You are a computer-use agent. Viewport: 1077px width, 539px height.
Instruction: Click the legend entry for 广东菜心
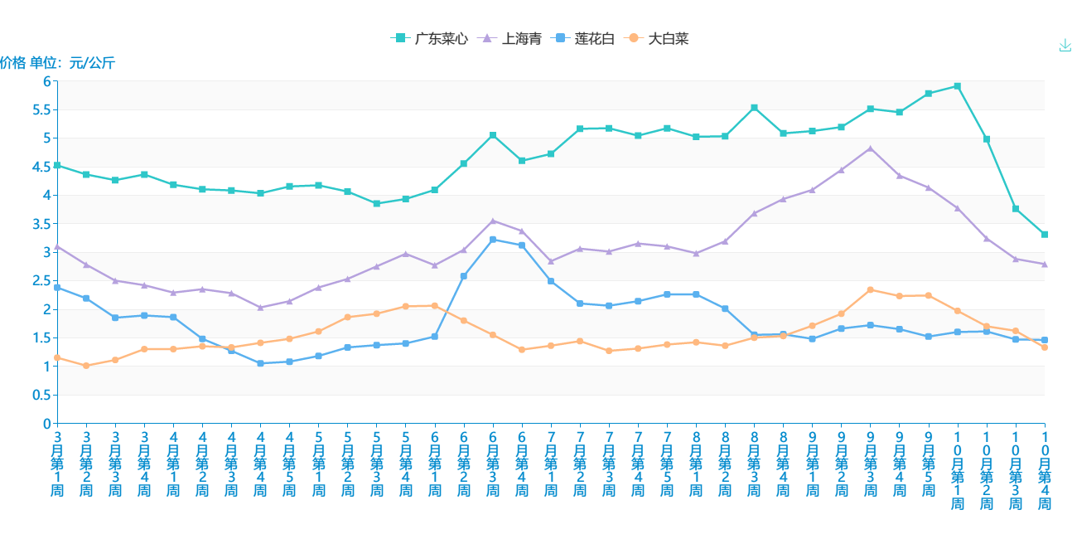[x=429, y=38]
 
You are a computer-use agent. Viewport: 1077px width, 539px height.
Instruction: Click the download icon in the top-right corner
[x=1065, y=45]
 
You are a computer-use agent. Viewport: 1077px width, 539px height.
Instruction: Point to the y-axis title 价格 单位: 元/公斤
[x=57, y=63]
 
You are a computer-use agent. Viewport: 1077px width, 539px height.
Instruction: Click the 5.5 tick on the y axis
[x=42, y=109]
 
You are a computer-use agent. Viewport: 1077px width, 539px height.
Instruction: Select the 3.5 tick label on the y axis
[x=42, y=224]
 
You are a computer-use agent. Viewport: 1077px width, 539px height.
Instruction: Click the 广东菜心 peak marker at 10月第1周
[x=958, y=85]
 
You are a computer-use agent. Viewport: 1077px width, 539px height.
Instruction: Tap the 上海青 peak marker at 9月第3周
[x=870, y=148]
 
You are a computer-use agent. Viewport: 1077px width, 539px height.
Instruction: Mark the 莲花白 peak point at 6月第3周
[x=493, y=240]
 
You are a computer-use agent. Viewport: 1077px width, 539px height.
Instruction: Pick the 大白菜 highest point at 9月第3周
[x=870, y=289]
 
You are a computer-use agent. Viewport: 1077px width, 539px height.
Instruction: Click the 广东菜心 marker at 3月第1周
[x=57, y=165]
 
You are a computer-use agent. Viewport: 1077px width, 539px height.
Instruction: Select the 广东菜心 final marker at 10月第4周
[x=1045, y=235]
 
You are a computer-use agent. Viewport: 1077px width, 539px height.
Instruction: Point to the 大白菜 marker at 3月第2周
[x=86, y=366]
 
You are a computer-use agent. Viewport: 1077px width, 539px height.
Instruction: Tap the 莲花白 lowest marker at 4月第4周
[x=260, y=363]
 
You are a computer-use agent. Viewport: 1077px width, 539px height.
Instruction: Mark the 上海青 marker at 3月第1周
[x=57, y=246]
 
